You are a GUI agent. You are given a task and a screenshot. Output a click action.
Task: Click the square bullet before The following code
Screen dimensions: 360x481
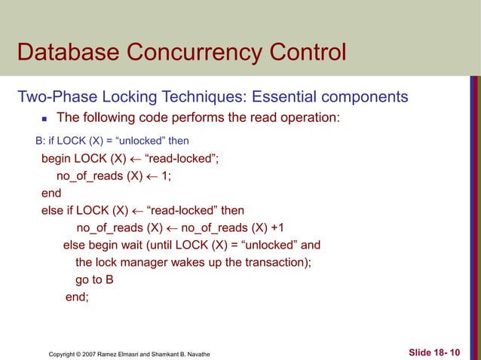pos(44,118)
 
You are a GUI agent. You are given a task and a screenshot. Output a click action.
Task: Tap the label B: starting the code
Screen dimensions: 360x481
pos(41,141)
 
